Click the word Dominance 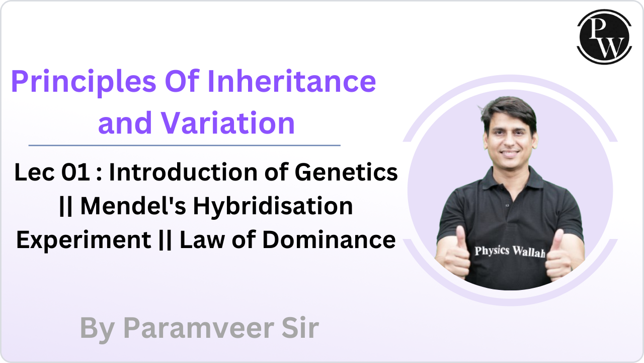(329, 240)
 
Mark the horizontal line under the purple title (184, 145)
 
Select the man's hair (508, 109)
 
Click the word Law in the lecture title (200, 240)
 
